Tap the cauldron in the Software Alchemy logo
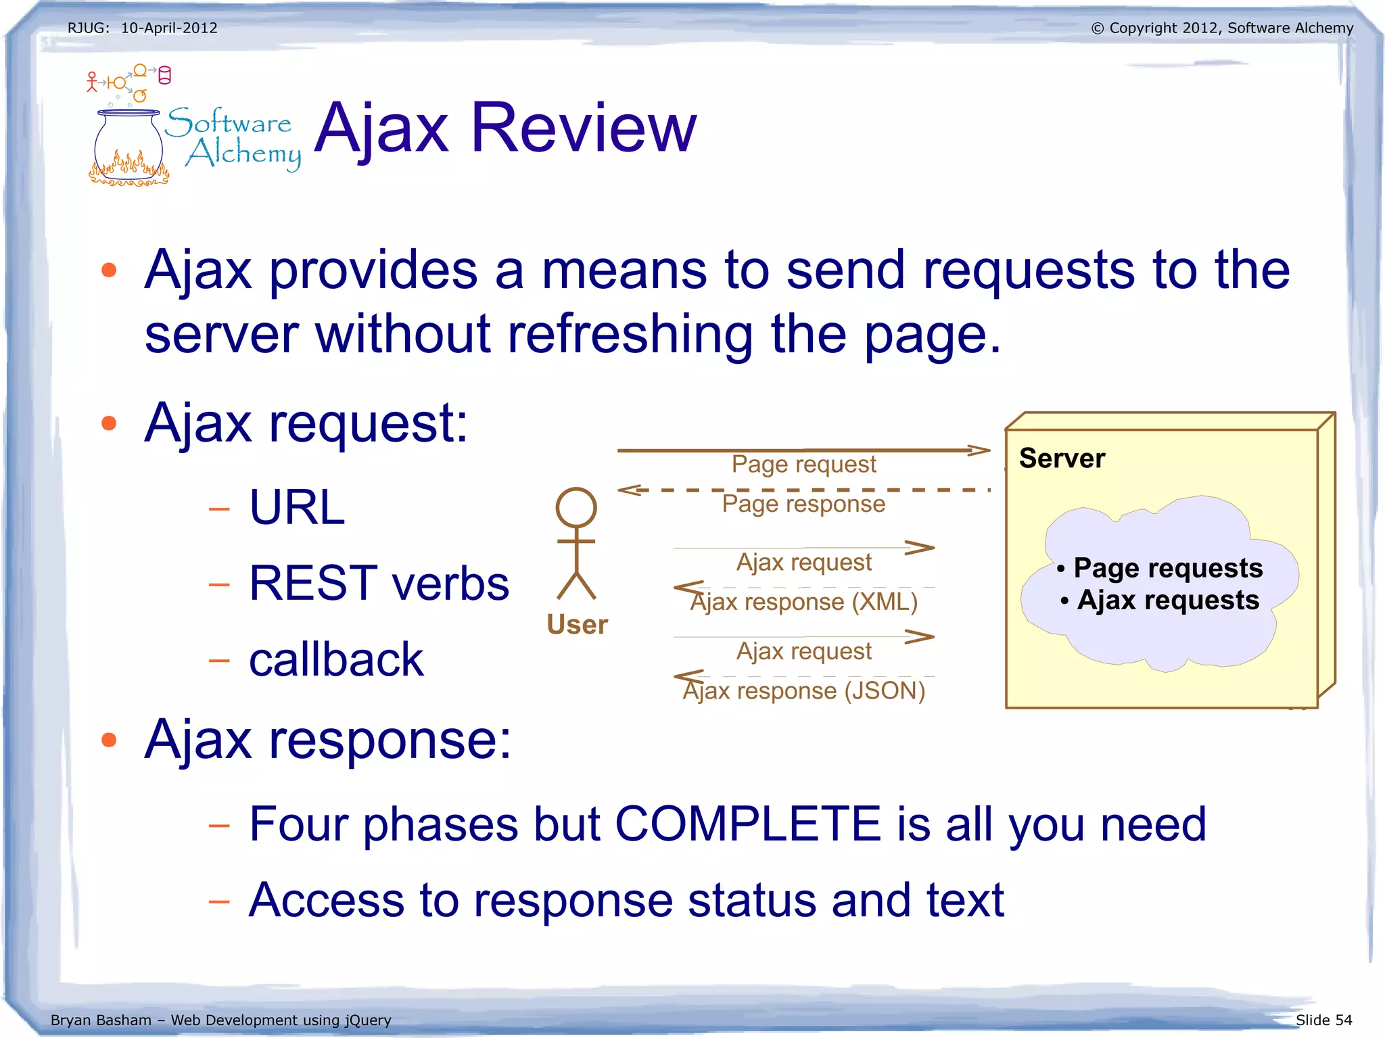pos(128,145)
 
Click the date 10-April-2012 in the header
pos(169,28)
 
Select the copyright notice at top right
pos(1222,28)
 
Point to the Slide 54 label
pos(1323,1020)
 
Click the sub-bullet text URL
pos(297,507)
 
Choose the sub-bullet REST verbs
pos(379,583)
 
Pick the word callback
pos(336,659)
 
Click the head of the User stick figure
pos(576,507)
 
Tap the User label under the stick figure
pos(577,624)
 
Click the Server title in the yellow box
pos(1062,458)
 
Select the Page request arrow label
pos(803,465)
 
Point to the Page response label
pos(803,504)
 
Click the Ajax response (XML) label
pos(803,602)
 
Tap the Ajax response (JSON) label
pos(803,691)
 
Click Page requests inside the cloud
pos(1167,568)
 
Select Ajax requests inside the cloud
pos(1167,600)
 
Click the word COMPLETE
pos(747,824)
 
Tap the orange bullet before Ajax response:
pos(109,740)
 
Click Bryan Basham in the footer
pos(101,1020)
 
